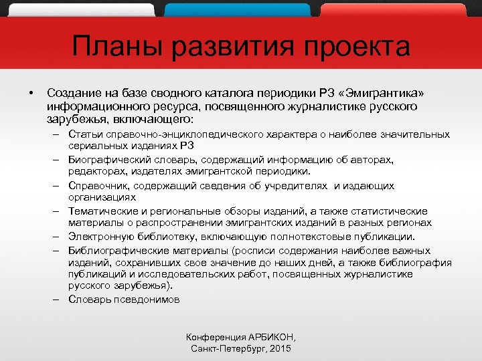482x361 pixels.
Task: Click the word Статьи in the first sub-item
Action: (x=83, y=134)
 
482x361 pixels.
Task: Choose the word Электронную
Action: (x=101, y=237)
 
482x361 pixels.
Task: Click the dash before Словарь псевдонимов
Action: (x=58, y=299)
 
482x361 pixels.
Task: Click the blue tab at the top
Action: (x=237, y=9)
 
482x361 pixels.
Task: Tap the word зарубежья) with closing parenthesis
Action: (x=144, y=286)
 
